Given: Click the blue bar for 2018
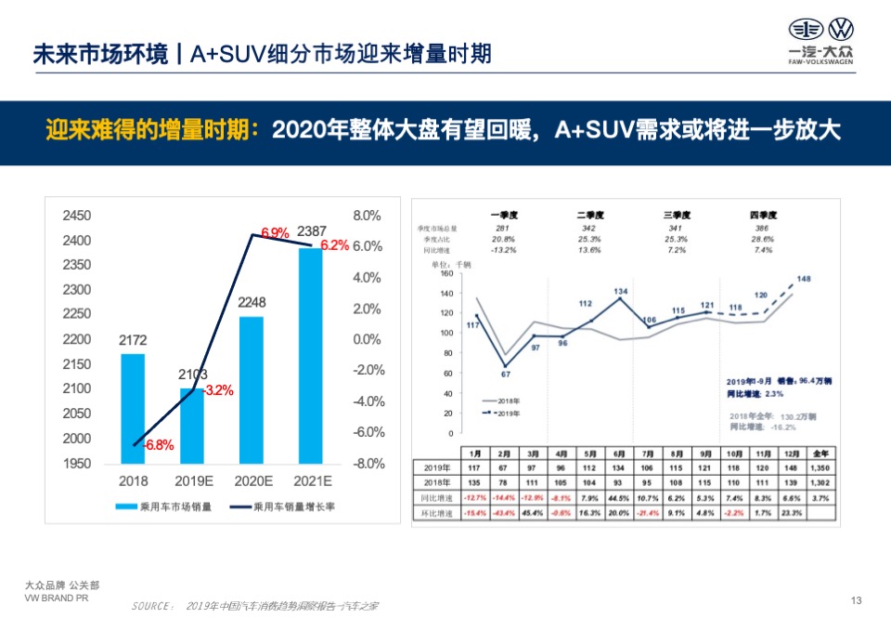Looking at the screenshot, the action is (133, 409).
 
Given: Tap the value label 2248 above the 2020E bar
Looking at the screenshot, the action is (251, 303).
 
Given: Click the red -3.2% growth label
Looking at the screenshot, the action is (218, 390).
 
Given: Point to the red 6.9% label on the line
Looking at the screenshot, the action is (275, 231).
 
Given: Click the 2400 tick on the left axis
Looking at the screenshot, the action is (76, 241).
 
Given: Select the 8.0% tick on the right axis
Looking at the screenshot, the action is (368, 216).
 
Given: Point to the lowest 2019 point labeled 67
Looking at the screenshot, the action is (506, 365).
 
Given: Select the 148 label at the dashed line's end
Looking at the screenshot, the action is (804, 279).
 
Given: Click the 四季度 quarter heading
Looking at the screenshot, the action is (763, 216).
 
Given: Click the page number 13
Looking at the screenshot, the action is (856, 599).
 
